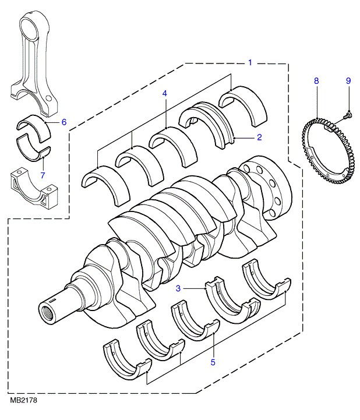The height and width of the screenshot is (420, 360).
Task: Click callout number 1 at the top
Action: pyautogui.click(x=250, y=62)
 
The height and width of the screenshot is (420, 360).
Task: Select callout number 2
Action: pyautogui.click(x=259, y=137)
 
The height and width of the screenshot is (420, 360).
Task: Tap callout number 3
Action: pyautogui.click(x=179, y=288)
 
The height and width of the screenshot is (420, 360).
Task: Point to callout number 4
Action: pyautogui.click(x=165, y=93)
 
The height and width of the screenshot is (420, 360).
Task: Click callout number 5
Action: pyautogui.click(x=213, y=362)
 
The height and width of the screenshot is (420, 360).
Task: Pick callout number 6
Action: pyautogui.click(x=63, y=122)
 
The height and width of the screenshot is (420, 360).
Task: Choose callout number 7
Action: pyautogui.click(x=42, y=175)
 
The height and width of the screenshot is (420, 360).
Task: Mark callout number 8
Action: pyautogui.click(x=316, y=81)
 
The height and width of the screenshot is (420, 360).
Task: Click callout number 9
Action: pyautogui.click(x=348, y=81)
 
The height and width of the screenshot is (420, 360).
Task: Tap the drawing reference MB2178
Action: pyautogui.click(x=23, y=400)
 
